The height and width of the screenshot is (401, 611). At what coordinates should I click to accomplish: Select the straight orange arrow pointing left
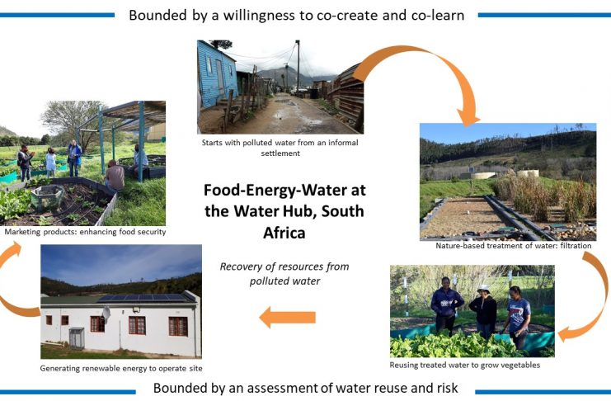pos(288,317)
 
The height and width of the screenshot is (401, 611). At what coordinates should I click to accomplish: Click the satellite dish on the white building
pos(106,313)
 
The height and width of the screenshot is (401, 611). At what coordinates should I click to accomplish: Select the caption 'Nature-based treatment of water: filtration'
pos(513,246)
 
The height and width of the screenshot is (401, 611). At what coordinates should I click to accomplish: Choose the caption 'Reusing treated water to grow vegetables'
pos(465,366)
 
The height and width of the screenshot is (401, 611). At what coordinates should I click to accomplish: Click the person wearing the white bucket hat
pos(483,310)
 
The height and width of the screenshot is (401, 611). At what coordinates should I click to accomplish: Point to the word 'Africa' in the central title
pos(284,233)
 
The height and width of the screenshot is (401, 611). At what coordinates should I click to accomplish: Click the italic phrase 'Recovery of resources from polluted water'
pos(284,274)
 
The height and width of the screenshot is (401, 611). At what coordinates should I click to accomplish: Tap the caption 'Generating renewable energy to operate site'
pos(121,368)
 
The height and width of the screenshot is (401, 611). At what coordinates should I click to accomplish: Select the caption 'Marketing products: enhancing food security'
pos(85,232)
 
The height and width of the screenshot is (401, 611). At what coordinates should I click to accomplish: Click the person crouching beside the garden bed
pos(115,176)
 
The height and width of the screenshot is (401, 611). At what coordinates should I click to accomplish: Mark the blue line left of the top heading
pos(57,15)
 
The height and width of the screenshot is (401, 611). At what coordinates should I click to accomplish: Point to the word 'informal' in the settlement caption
pos(343,143)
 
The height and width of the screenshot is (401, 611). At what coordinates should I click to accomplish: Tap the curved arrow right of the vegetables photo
pos(592,296)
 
